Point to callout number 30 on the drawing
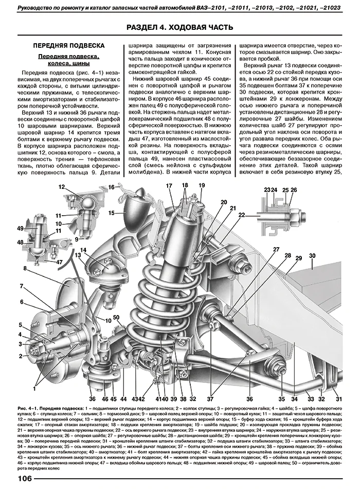pos(312,255)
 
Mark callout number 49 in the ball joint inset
pos(20,228)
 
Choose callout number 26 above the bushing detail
pos(294,190)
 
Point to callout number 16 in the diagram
pos(112,188)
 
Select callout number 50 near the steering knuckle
pos(116,318)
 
